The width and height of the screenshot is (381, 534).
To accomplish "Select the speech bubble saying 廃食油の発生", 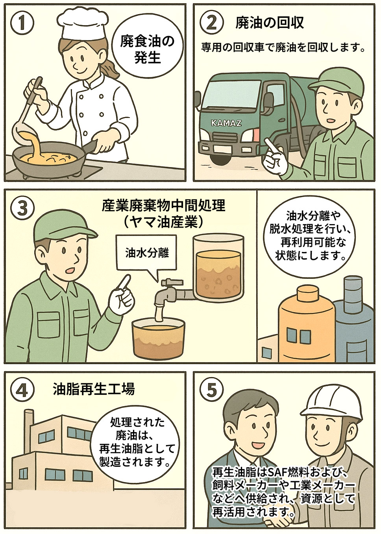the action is [x=147, y=51].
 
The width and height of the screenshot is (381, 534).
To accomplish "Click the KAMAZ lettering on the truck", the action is [x=226, y=123].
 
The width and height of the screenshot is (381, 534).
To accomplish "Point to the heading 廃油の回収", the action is [x=270, y=23].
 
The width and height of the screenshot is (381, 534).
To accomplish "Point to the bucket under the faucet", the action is [x=158, y=339].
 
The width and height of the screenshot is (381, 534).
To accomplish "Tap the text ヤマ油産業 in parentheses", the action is [x=163, y=223].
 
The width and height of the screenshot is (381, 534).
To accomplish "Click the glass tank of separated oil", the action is [x=219, y=267].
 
